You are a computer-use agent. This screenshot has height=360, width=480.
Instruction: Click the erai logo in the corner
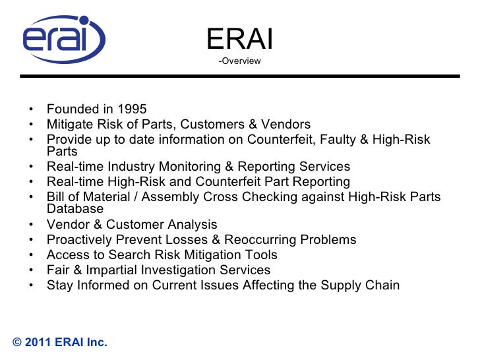pos(64,40)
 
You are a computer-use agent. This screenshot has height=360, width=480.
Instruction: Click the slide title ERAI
pos(239,40)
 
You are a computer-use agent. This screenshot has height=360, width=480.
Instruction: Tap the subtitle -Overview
pos(239,61)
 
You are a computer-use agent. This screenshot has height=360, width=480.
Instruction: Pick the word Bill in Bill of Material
pos(57,197)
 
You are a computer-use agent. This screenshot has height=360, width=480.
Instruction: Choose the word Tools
pos(260,255)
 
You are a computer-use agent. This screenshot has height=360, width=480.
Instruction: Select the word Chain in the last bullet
pos(382,285)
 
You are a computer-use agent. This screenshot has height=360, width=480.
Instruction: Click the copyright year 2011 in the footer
pos(40,342)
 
